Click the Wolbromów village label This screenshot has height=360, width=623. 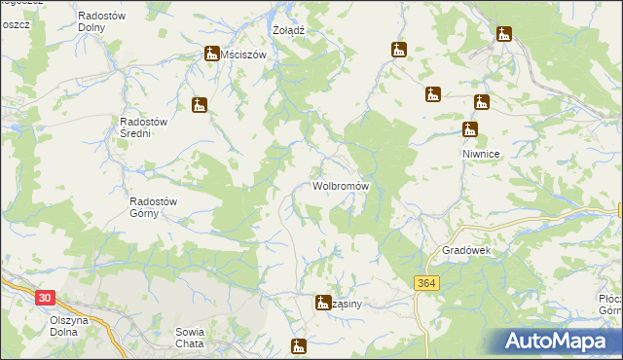coord(340,185)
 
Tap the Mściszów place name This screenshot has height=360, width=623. coord(243,55)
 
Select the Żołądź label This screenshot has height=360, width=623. coord(289,30)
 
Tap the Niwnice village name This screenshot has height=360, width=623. coord(480,154)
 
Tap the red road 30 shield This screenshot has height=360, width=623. coord(42,296)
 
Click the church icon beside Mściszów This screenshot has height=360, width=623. coord(211,54)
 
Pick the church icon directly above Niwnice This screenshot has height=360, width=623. coord(470,128)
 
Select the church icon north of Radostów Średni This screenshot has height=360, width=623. coord(200,105)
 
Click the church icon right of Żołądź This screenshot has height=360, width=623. coord(398,50)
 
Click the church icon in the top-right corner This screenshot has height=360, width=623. coord(503,35)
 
